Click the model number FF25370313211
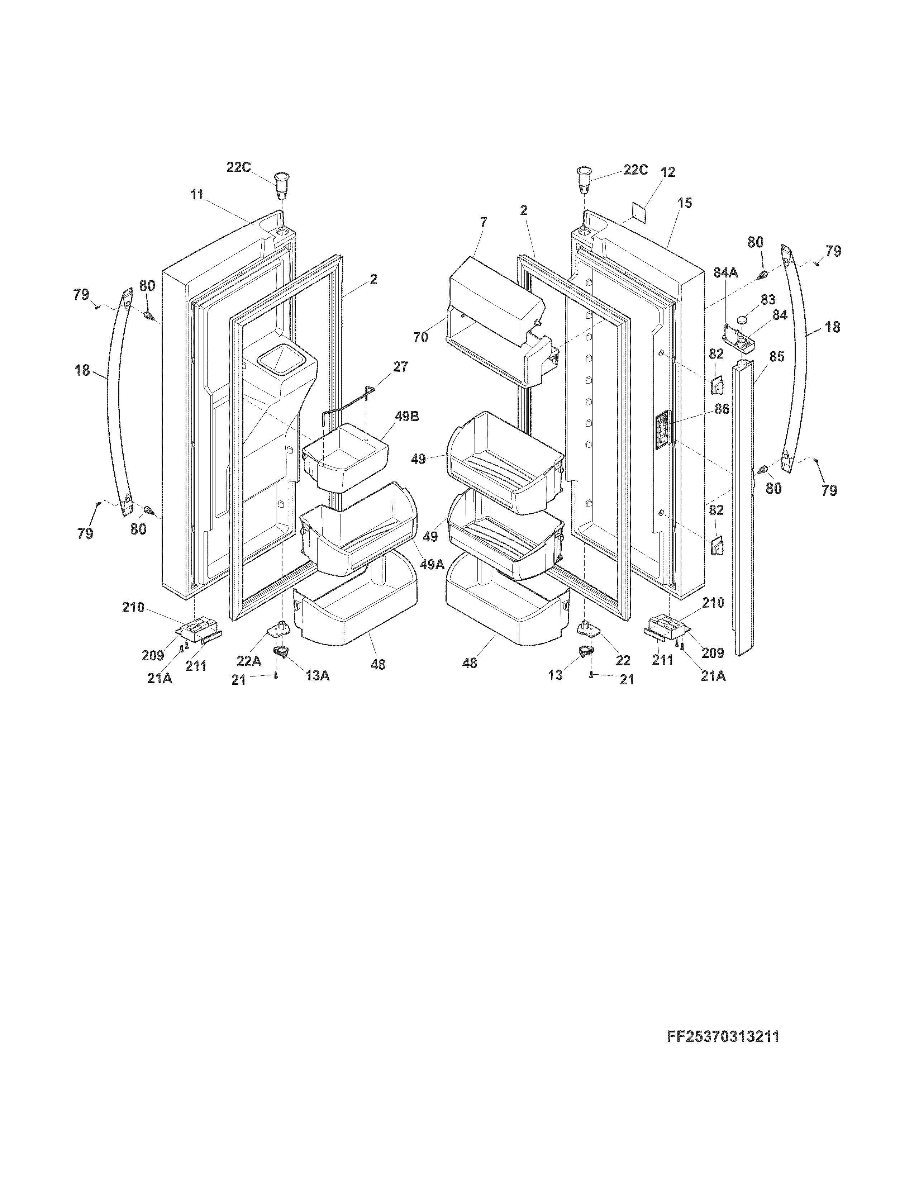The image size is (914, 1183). click(723, 1037)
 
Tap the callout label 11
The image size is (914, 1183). click(197, 194)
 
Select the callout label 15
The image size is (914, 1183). click(684, 203)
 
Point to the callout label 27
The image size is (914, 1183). click(401, 367)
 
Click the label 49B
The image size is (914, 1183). click(407, 417)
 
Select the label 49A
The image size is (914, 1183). click(432, 564)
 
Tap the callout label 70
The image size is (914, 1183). click(421, 337)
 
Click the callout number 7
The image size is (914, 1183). click(483, 222)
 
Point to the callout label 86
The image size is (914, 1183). click(722, 409)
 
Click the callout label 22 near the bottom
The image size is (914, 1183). click(623, 660)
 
